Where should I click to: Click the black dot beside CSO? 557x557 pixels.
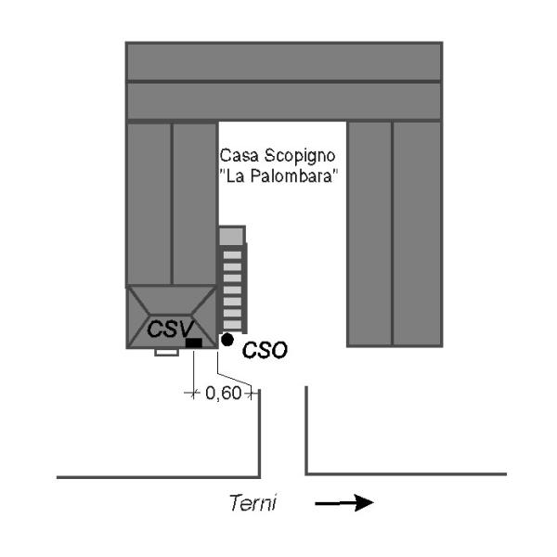point(227,341)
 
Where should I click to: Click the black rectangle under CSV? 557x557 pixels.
point(194,343)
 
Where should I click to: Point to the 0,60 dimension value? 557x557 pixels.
point(223,393)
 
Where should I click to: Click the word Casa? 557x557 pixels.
point(237,155)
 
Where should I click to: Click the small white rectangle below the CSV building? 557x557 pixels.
point(166,353)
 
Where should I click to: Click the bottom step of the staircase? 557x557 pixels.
point(231,322)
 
